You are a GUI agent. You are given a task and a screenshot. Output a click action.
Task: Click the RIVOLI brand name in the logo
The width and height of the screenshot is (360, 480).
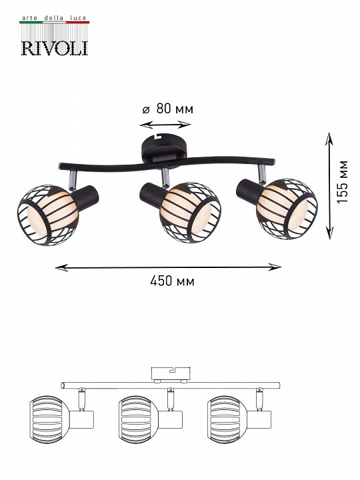click(x=55, y=49)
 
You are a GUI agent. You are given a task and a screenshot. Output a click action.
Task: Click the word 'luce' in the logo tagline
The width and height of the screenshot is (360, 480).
click(x=78, y=18)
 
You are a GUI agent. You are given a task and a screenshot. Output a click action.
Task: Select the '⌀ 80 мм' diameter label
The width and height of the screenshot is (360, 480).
click(x=168, y=109)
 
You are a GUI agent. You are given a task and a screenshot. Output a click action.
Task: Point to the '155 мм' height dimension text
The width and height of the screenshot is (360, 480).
click(x=343, y=181)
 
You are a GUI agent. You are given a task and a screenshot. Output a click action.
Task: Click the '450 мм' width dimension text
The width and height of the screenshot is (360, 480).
click(x=172, y=281)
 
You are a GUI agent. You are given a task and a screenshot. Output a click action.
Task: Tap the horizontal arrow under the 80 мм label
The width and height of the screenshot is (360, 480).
click(x=165, y=125)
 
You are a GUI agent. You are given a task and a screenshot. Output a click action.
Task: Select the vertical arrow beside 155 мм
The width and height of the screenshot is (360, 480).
click(x=329, y=186)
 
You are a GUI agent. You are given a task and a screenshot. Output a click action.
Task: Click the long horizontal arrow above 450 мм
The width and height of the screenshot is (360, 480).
click(x=168, y=267)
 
